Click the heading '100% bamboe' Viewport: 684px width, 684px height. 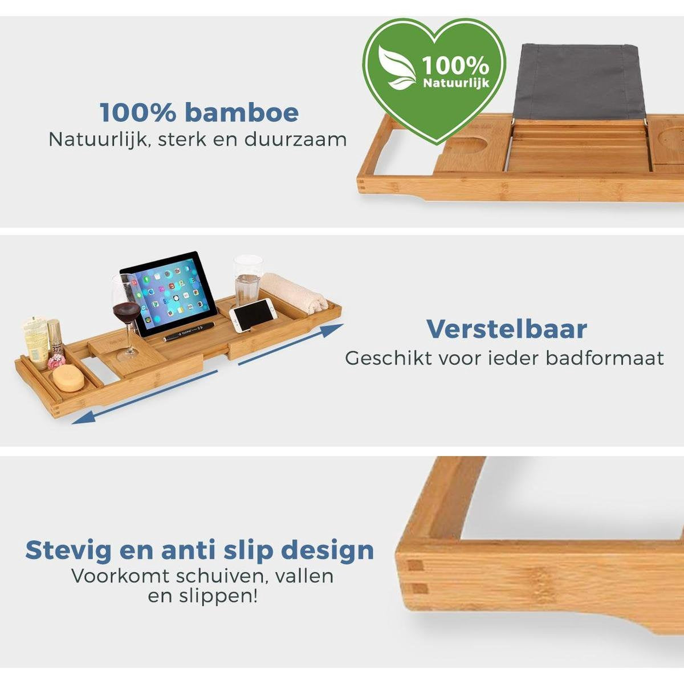coord(199,112)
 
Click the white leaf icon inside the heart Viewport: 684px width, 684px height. coord(398,69)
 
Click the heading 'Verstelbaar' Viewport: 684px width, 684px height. coord(506,329)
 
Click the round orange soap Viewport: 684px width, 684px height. coord(69,377)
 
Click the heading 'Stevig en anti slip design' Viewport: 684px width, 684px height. coord(199,551)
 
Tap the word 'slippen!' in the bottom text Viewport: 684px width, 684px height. coord(226,597)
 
